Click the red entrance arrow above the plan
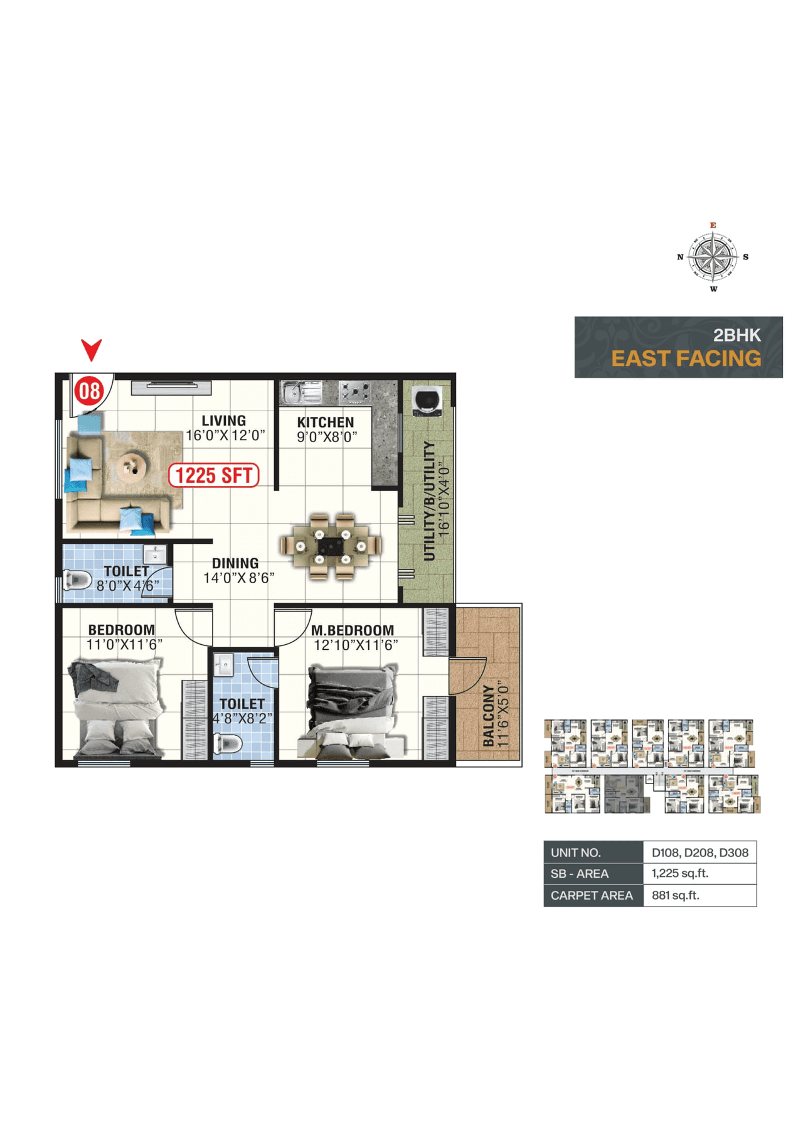click(92, 349)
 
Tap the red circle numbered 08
click(88, 391)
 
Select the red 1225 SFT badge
click(214, 475)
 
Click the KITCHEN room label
click(326, 423)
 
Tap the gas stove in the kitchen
click(354, 392)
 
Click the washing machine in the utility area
click(427, 401)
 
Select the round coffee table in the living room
click(132, 466)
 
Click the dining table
click(331, 546)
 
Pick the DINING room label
click(235, 563)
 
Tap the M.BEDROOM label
click(353, 630)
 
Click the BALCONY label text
click(489, 716)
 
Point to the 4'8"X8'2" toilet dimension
click(242, 718)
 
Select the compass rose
click(713, 257)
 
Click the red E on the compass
click(713, 225)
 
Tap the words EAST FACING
click(686, 358)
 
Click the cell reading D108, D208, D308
click(699, 853)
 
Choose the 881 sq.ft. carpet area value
click(675, 895)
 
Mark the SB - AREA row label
click(580, 873)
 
